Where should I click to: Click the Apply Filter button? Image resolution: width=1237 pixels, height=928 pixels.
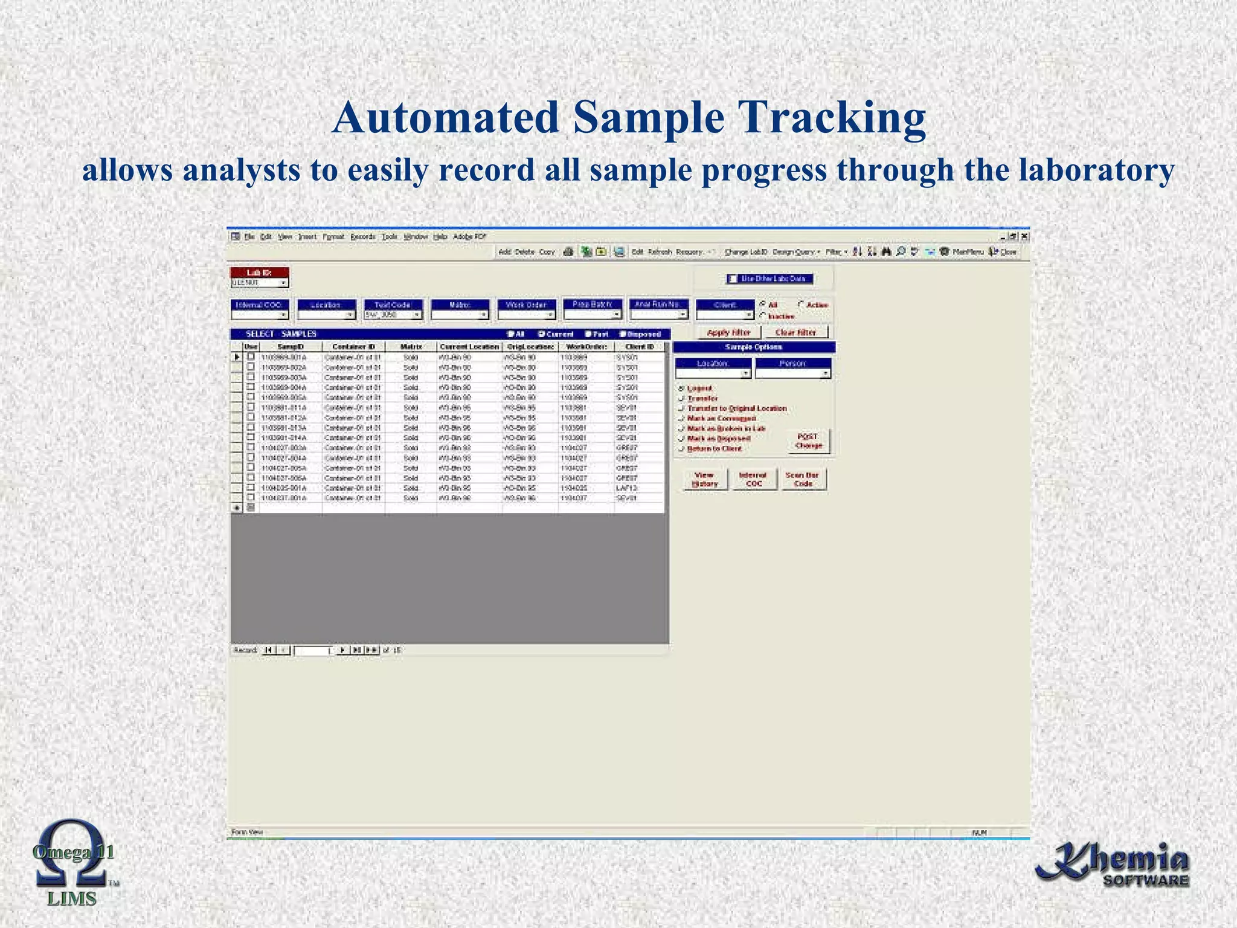click(728, 333)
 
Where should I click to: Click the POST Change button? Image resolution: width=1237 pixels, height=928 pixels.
click(809, 441)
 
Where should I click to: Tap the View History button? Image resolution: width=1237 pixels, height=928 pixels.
click(704, 480)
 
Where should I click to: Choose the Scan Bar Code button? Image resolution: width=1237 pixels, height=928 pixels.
click(803, 480)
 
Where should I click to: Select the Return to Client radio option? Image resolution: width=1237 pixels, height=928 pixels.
click(682, 449)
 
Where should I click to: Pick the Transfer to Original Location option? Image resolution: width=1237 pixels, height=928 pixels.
click(682, 409)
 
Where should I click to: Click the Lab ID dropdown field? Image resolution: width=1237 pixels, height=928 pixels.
click(260, 283)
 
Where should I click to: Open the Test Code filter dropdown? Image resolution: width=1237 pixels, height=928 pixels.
click(393, 315)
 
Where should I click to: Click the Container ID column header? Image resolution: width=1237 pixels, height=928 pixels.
click(353, 347)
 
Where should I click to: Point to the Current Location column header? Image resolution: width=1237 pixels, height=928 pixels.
click(469, 347)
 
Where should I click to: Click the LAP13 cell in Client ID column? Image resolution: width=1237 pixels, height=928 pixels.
click(627, 488)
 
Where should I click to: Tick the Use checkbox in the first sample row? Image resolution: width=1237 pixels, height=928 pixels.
click(251, 357)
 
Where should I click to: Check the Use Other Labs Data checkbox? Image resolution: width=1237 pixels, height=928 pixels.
click(733, 279)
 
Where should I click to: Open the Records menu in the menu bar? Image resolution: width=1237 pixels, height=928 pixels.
click(362, 237)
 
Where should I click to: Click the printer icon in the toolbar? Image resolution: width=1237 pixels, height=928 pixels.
click(568, 252)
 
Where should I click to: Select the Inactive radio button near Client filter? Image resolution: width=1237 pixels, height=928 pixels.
click(763, 315)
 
